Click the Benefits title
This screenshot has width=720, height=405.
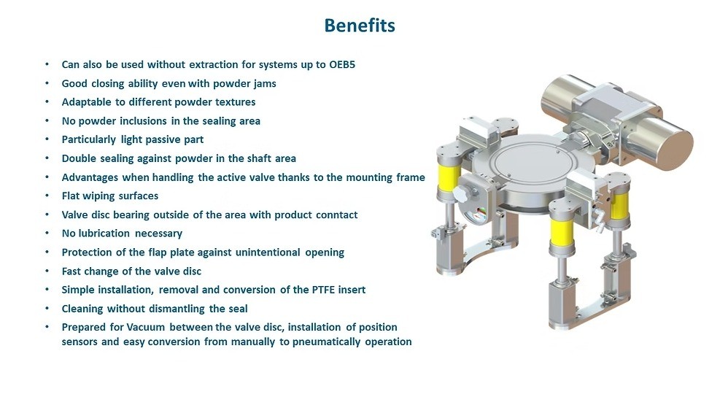point(360,26)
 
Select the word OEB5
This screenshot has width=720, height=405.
point(342,65)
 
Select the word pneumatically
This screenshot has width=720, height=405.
point(327,342)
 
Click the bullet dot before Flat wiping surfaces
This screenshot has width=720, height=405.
point(47,196)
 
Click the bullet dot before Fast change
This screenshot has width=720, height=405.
point(47,271)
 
